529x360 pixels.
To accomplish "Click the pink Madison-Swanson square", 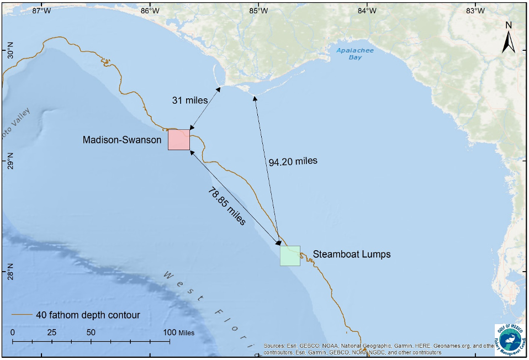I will [179, 140].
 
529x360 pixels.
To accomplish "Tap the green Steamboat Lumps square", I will [290, 256].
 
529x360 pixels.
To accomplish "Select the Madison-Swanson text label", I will [122, 140].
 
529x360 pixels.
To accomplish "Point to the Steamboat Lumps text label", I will [352, 255].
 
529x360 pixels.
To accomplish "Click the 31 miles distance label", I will [189, 100].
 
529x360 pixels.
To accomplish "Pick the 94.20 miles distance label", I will [293, 162].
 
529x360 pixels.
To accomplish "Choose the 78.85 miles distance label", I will [226, 206].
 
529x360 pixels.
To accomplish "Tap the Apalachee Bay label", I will [355, 54].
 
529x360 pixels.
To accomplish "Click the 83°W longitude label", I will [475, 10].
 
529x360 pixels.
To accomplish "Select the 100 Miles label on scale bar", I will [179, 332].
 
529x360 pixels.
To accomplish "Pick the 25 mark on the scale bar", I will [52, 332].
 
